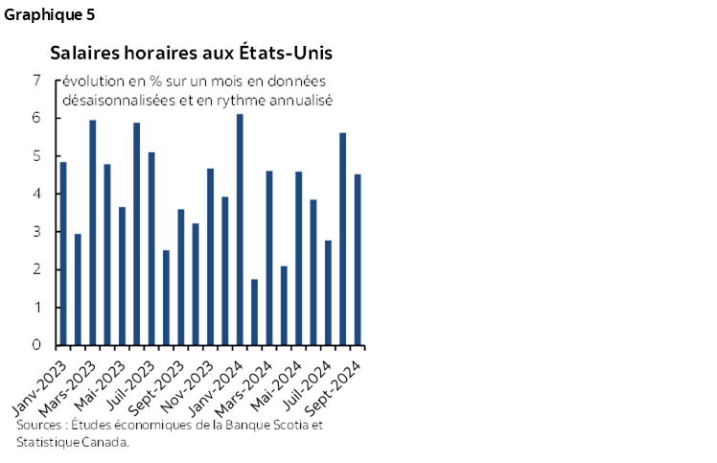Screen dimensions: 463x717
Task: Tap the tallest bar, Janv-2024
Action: tap(240, 229)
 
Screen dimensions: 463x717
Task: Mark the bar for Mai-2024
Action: tap(299, 258)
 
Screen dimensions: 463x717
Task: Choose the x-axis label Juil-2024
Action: tap(312, 378)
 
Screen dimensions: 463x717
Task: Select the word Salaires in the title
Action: tap(81, 50)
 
